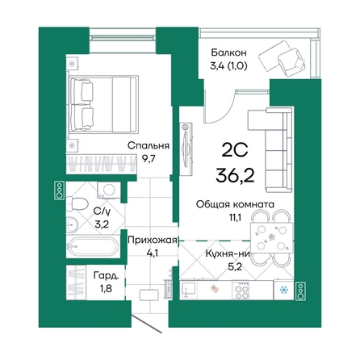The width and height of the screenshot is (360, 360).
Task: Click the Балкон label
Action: [x=228, y=52]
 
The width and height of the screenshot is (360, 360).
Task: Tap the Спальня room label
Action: [x=149, y=145]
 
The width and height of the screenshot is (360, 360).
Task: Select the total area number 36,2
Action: [x=235, y=176]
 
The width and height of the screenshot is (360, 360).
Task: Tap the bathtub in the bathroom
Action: [x=93, y=246]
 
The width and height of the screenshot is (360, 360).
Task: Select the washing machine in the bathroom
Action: [x=109, y=190]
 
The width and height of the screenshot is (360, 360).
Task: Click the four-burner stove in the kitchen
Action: [x=241, y=290]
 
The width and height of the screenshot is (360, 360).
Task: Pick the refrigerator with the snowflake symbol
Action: [x=283, y=290]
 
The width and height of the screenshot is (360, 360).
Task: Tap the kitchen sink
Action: [x=189, y=290]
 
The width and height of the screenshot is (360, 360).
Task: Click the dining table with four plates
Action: [x=272, y=237]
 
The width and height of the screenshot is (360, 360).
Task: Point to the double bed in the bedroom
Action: [x=103, y=104]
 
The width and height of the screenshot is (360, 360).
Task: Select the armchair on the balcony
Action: [x=292, y=62]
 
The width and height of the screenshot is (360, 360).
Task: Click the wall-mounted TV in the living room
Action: [x=186, y=149]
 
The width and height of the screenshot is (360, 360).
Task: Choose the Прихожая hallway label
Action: [x=153, y=240]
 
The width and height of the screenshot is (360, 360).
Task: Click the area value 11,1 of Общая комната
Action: [x=234, y=217]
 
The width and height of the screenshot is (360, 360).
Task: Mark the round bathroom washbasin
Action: [x=72, y=224]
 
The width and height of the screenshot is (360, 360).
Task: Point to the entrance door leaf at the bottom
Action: [x=147, y=323]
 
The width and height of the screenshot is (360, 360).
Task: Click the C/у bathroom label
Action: [x=102, y=212]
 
